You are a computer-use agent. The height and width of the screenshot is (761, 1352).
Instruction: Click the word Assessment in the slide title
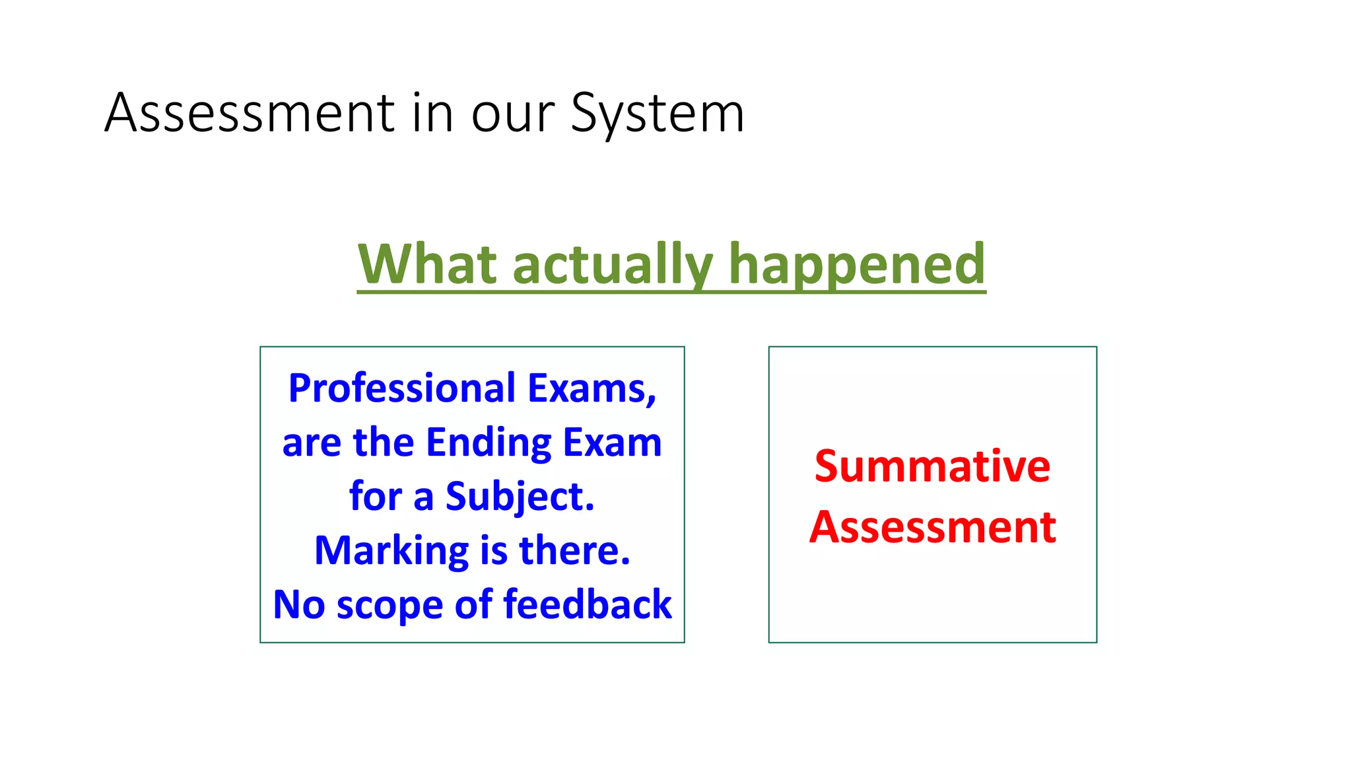coord(250,113)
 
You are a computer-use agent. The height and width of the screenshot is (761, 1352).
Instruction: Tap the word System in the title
coord(657,114)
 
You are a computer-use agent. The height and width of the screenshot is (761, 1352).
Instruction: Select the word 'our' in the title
coord(512,114)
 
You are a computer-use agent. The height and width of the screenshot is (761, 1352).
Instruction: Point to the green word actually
coord(613,265)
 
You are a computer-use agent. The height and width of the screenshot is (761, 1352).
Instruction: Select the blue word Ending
coord(489,443)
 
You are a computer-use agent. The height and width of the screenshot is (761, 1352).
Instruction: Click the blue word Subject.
coord(520,497)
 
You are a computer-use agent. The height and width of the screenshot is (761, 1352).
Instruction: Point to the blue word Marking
coord(391,551)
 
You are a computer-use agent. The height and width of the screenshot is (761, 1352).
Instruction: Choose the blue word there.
coord(574,551)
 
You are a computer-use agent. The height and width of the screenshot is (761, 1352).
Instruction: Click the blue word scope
coord(389,605)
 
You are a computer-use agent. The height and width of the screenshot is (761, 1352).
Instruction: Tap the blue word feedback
coord(588,604)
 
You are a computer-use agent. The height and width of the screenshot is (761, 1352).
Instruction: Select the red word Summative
coord(932,466)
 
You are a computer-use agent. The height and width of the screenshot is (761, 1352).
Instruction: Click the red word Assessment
coord(932,528)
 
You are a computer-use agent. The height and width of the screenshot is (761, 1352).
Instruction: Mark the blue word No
coord(298,604)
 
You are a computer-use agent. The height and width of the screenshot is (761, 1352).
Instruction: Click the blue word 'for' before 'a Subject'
coord(375,497)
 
